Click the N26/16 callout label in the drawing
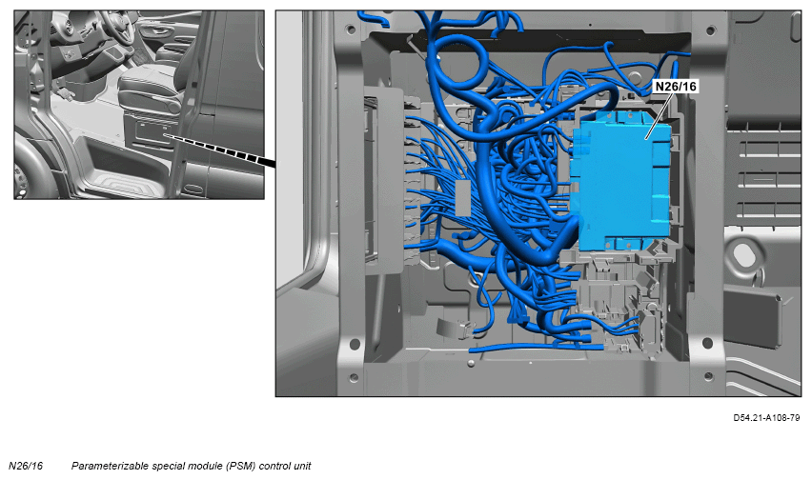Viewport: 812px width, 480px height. click(x=676, y=86)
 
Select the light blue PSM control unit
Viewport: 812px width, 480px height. click(x=621, y=181)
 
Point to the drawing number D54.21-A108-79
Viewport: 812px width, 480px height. click(x=766, y=417)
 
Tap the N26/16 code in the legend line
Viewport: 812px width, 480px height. click(x=26, y=466)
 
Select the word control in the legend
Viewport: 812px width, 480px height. click(x=275, y=466)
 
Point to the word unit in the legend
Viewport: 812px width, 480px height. click(x=302, y=466)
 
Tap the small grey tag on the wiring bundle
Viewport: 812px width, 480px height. click(x=462, y=197)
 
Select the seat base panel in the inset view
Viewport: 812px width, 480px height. click(x=151, y=131)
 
